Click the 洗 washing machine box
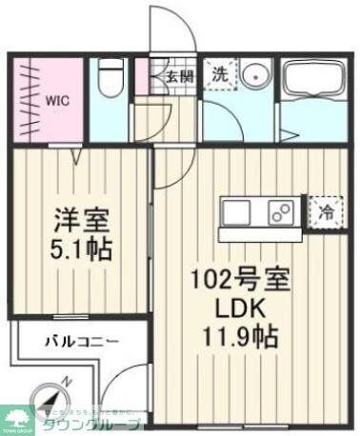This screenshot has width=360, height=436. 218,73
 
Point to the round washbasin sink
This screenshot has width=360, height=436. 254,77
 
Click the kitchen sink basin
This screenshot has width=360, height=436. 237,211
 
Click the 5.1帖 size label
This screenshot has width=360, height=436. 83,250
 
